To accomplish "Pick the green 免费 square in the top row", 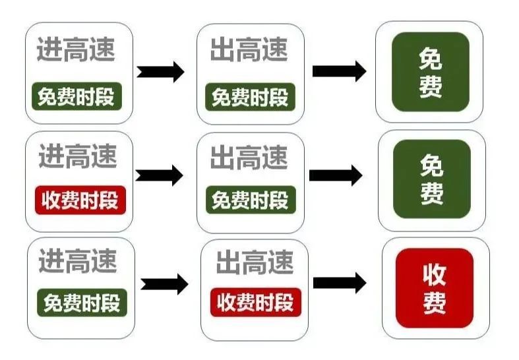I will [431, 72].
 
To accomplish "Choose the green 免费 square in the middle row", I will [432, 179].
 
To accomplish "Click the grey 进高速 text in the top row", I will [76, 49].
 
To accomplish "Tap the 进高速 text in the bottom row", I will [78, 261].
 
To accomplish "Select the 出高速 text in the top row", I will [250, 50].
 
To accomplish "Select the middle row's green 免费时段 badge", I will [251, 200].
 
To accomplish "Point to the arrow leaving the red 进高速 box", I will [159, 175].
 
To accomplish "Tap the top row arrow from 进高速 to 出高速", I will [160, 70].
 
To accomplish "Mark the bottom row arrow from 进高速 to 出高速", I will [164, 284].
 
